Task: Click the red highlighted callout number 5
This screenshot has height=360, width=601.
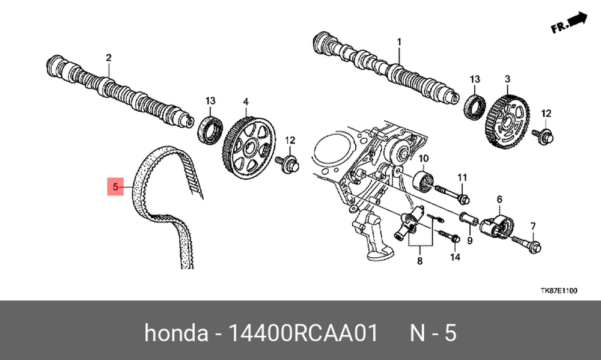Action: point(115,187)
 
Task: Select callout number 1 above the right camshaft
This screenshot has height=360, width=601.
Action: point(399,42)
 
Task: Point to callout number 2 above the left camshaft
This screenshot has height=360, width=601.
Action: point(109,58)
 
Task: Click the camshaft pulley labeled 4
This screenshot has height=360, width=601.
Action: point(249,148)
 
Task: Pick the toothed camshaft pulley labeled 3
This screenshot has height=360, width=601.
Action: point(507,121)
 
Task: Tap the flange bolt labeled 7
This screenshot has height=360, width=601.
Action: point(526,243)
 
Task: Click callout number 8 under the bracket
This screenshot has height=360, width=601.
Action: point(419,261)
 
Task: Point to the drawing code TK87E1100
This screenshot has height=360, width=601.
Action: point(558,291)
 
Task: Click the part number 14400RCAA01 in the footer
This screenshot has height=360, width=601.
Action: point(303,333)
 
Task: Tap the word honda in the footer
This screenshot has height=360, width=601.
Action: point(175,333)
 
